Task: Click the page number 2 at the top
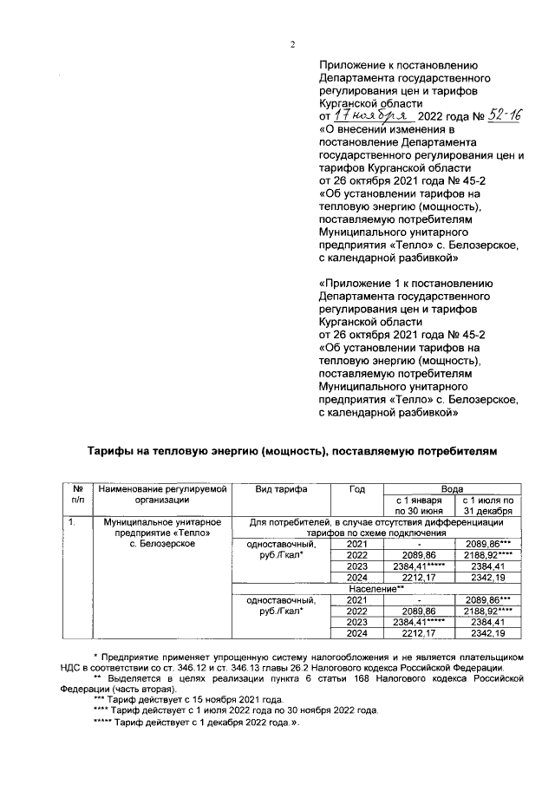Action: pos(292,46)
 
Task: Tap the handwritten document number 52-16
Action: pos(498,114)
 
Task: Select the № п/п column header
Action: pos(77,494)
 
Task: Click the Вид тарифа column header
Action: pos(282,490)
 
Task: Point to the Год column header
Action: pos(356,490)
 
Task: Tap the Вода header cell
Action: pos(452,490)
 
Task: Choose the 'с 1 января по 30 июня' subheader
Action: pos(419,506)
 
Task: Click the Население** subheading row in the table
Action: pos(383,589)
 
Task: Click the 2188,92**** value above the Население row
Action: pos(489,555)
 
